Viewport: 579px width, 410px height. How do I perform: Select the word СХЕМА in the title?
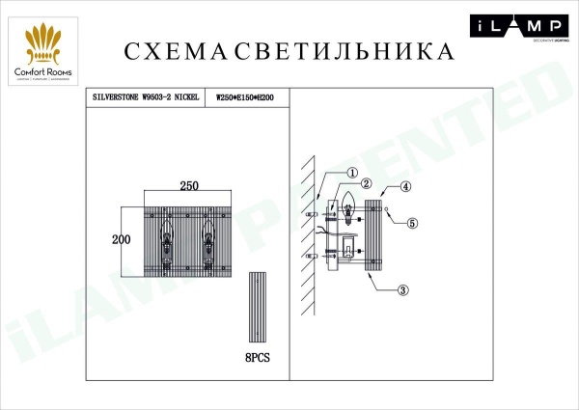(x=178, y=50)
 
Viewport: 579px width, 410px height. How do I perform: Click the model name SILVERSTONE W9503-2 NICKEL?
(x=146, y=97)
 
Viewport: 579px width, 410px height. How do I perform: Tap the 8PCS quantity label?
(x=258, y=356)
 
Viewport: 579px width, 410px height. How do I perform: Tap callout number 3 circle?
(x=404, y=288)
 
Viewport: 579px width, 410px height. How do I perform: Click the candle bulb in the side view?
(x=348, y=206)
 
